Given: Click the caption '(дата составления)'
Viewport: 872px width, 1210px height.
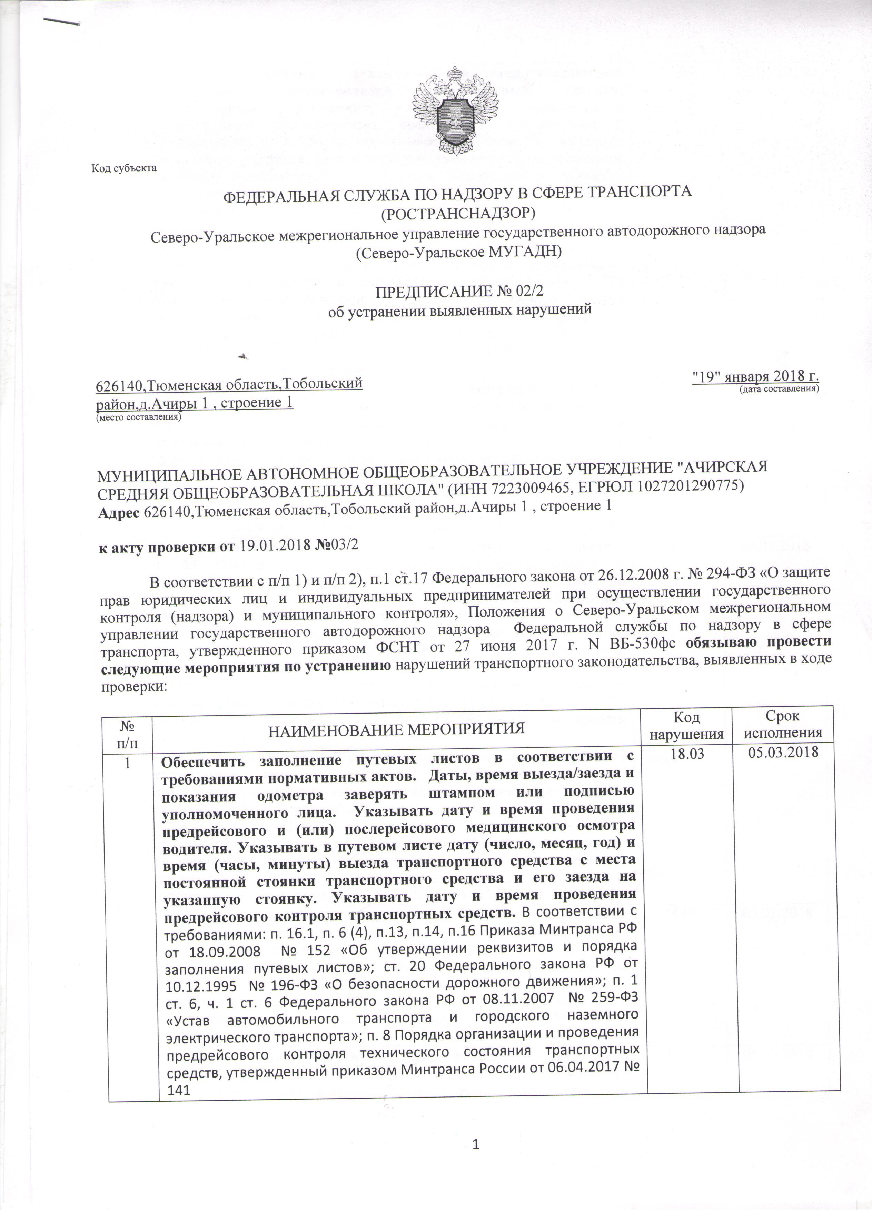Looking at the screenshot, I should click(x=778, y=390).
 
